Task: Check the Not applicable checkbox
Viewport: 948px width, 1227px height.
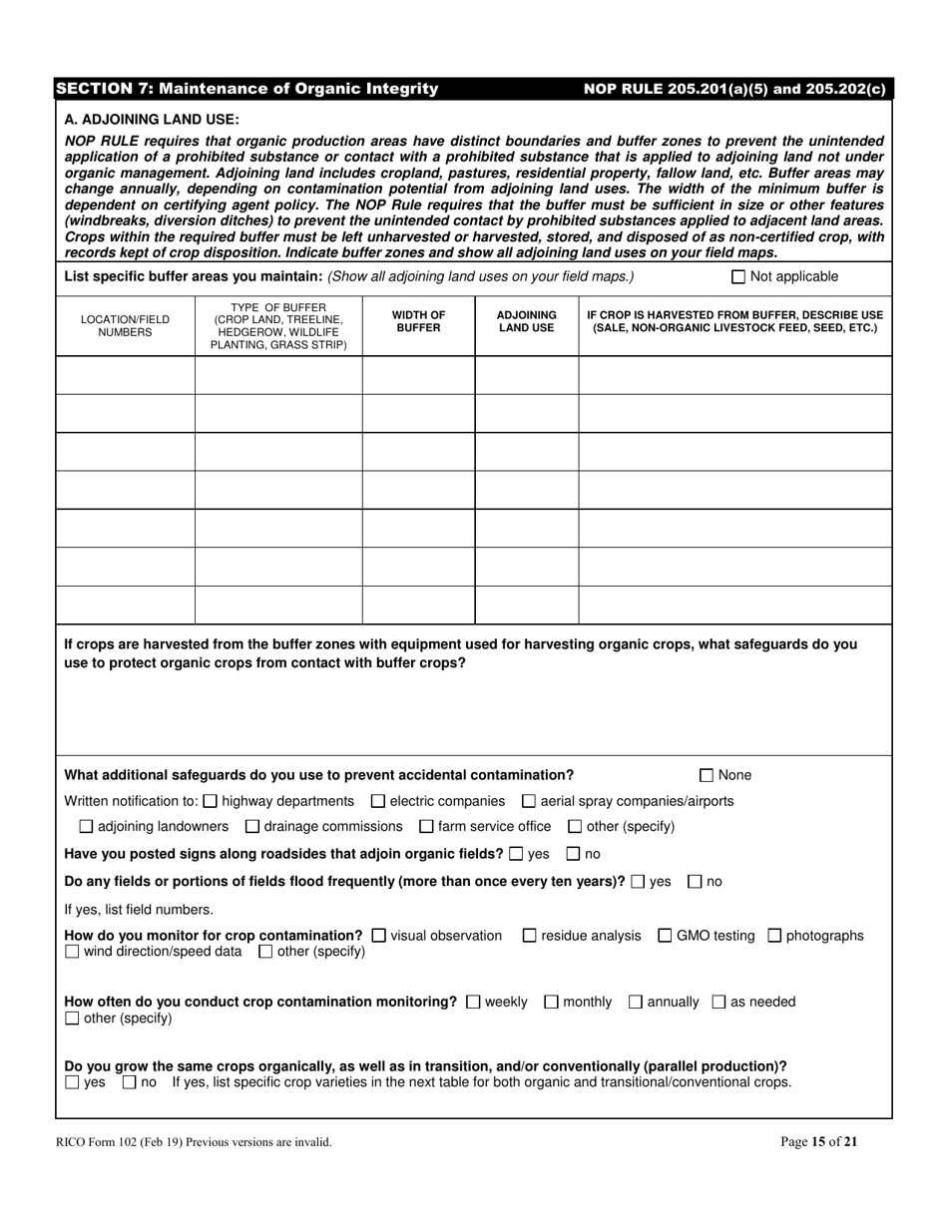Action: point(738,277)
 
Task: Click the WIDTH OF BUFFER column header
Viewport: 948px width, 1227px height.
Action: point(418,321)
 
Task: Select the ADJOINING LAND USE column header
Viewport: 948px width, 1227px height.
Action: point(526,321)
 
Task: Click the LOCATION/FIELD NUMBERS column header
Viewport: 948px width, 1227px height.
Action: point(125,326)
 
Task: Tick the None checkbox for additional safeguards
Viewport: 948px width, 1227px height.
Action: point(707,775)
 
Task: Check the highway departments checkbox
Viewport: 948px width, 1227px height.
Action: point(210,801)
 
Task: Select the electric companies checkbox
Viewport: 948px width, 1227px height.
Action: point(377,801)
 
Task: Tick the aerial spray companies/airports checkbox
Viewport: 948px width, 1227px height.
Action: point(529,801)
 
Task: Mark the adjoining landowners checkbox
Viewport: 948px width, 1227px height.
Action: point(86,827)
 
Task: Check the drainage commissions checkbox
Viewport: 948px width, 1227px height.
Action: point(251,827)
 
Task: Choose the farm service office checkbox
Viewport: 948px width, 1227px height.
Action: point(426,827)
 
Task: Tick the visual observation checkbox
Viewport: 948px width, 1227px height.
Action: point(378,936)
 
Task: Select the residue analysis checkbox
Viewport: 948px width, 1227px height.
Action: point(530,936)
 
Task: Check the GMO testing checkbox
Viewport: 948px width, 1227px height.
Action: point(665,936)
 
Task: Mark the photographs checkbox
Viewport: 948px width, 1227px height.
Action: point(774,936)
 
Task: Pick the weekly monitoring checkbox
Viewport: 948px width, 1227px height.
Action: point(473,1002)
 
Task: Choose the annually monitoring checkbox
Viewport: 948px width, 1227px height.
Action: point(636,1002)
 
